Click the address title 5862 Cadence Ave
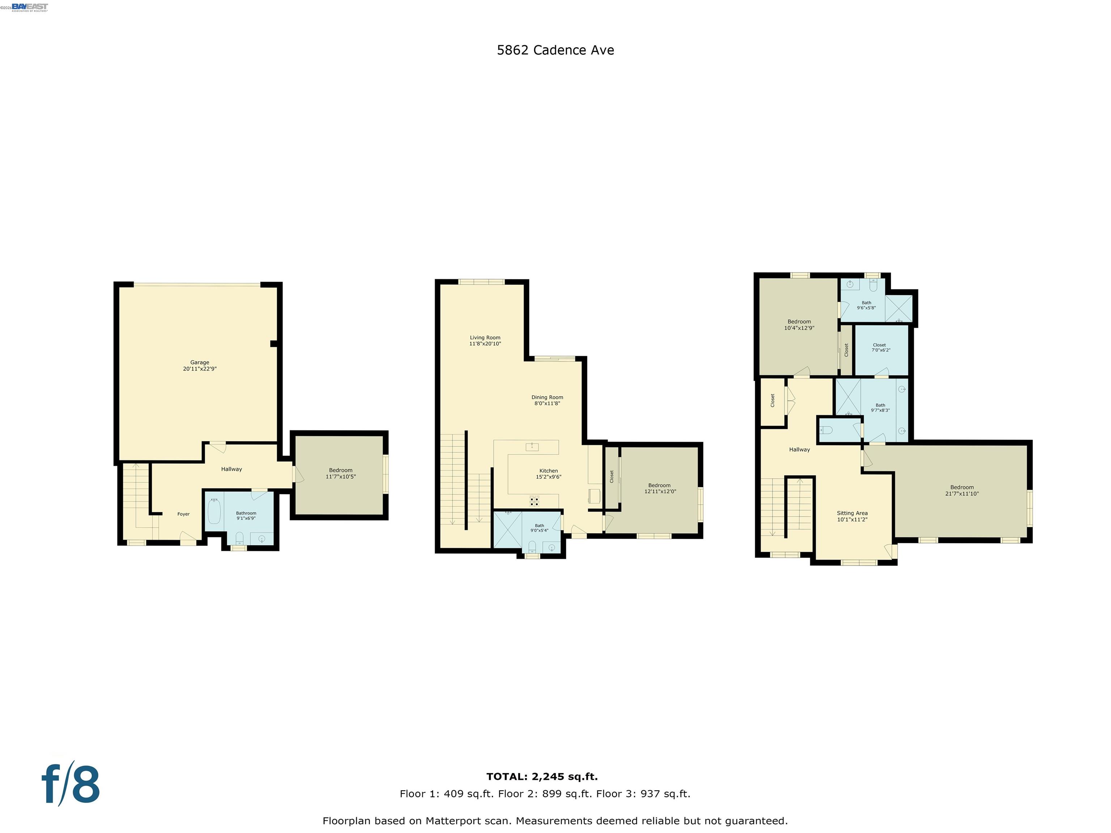pyautogui.click(x=555, y=50)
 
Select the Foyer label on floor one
pyautogui.click(x=183, y=514)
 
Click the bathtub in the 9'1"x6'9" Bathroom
pyautogui.click(x=214, y=512)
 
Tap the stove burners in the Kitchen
pyautogui.click(x=535, y=500)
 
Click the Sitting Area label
pyautogui.click(x=852, y=513)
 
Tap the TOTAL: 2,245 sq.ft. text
pyautogui.click(x=542, y=777)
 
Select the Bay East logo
pyautogui.click(x=30, y=7)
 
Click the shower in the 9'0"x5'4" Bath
pyautogui.click(x=508, y=529)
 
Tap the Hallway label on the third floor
pyautogui.click(x=799, y=450)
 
